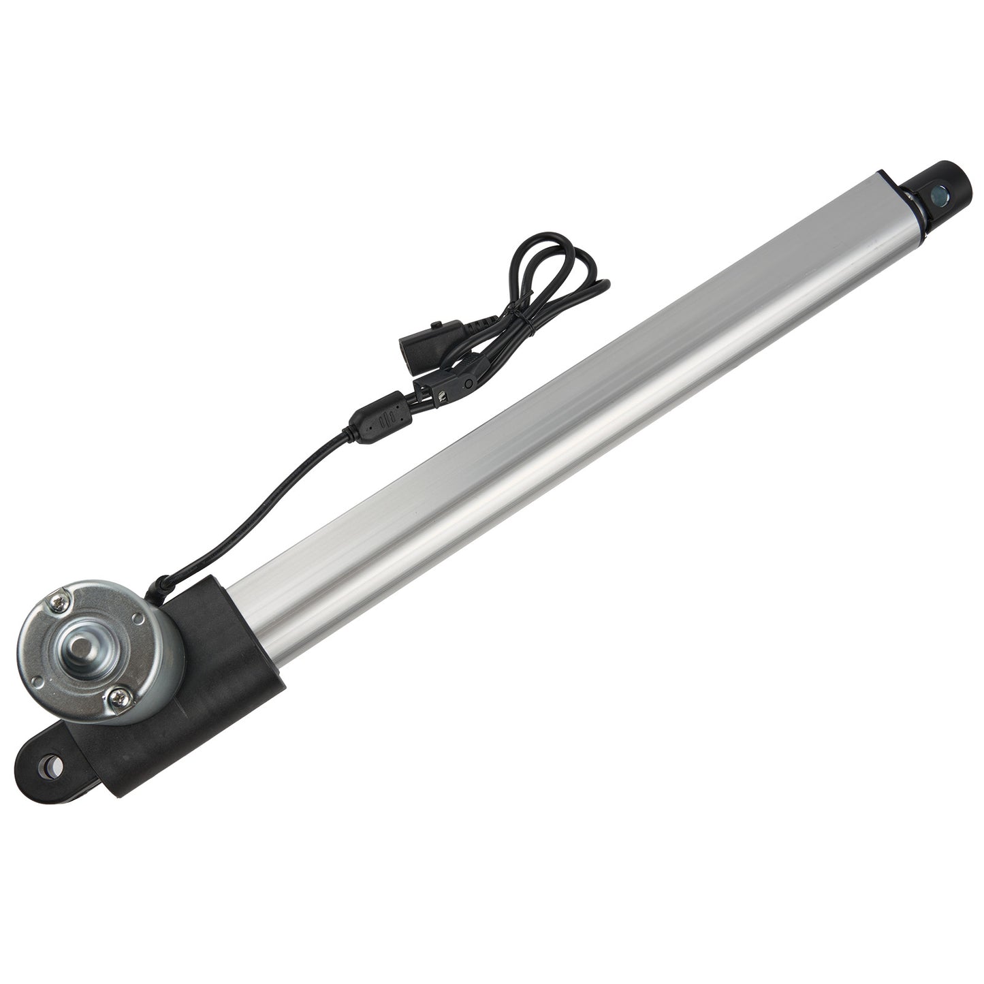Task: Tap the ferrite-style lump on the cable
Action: (x=372, y=422)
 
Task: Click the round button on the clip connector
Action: (x=468, y=383)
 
